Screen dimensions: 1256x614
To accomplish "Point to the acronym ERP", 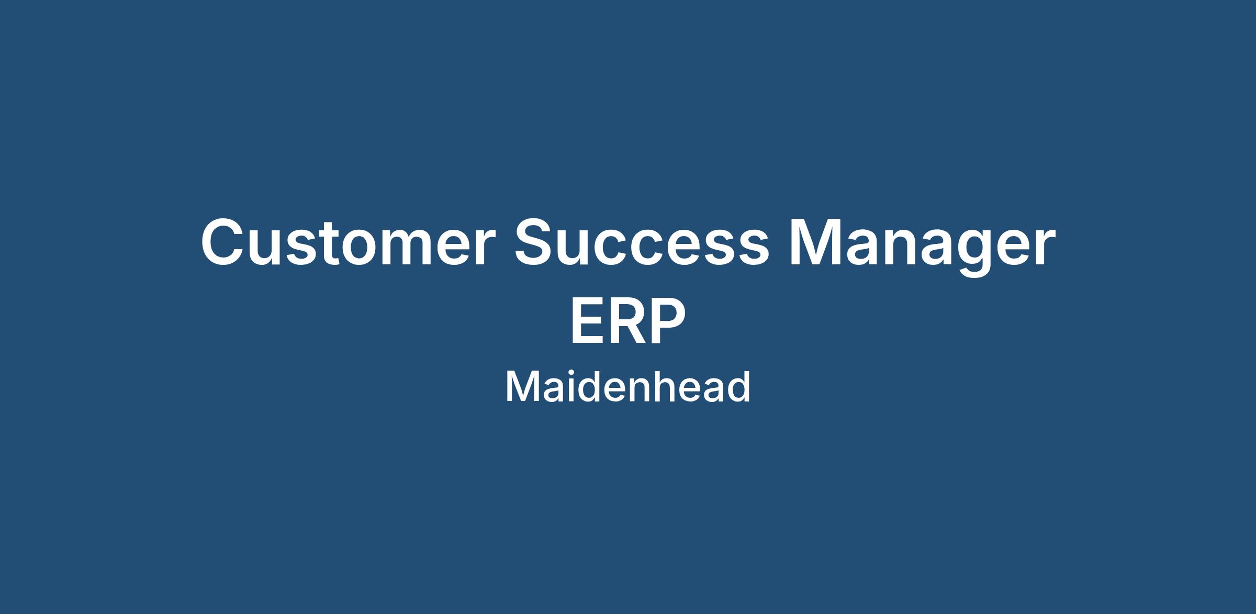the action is click(x=628, y=321).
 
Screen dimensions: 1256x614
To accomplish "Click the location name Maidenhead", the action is click(x=628, y=386).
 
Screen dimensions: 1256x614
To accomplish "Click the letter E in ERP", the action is click(x=588, y=321).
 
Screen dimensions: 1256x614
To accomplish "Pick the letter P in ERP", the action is click(x=667, y=321).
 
